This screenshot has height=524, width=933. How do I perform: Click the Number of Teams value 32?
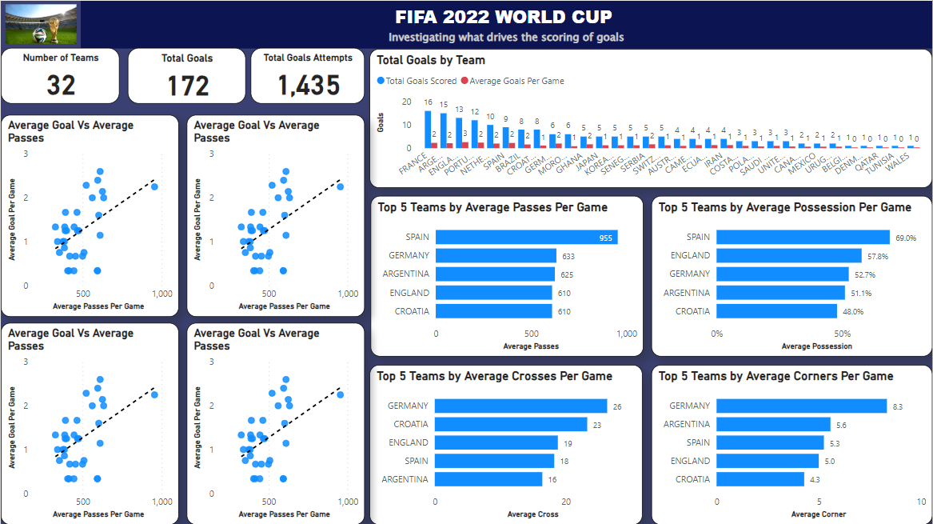(x=61, y=86)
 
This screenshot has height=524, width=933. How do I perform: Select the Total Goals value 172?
(x=188, y=86)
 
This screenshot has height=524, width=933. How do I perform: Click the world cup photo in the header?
(x=42, y=25)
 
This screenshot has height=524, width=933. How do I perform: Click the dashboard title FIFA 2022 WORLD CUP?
(x=504, y=17)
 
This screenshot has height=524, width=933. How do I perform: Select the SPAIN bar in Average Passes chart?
(x=526, y=237)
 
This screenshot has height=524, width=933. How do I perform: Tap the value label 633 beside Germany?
(x=568, y=256)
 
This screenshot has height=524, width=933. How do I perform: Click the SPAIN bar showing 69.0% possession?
(x=803, y=237)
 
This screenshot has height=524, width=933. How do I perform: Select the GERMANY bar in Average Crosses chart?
(x=521, y=406)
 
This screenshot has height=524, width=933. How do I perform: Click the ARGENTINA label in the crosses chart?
(x=405, y=480)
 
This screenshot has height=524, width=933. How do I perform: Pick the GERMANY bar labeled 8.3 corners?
(x=801, y=406)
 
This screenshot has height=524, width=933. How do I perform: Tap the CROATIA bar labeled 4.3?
(x=760, y=480)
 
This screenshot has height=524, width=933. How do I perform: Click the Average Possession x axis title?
(x=816, y=346)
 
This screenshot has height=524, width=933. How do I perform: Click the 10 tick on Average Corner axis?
(x=920, y=502)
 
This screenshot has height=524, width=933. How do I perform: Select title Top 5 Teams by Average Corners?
(x=776, y=376)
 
